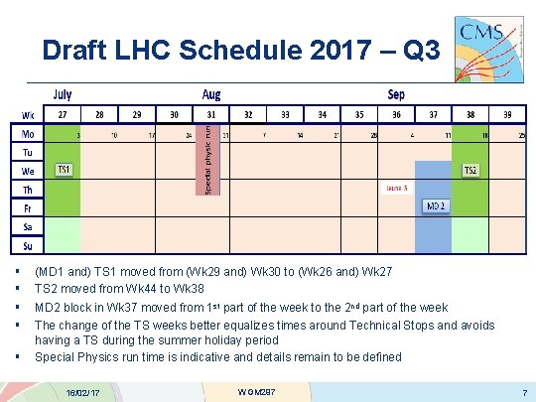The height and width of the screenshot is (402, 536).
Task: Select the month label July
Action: pyautogui.click(x=62, y=93)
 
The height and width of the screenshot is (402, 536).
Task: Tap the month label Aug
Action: pyautogui.click(x=211, y=93)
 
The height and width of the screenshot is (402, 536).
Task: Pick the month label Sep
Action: pyautogui.click(x=397, y=93)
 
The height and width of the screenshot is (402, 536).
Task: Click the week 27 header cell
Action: pyautogui.click(x=62, y=113)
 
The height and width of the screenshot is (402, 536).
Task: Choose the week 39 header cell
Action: pyautogui.click(x=507, y=113)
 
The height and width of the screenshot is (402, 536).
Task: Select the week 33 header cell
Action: pyautogui.click(x=285, y=113)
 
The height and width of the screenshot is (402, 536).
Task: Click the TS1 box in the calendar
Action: pyautogui.click(x=64, y=170)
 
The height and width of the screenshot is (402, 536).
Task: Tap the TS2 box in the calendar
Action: pyautogui.click(x=471, y=170)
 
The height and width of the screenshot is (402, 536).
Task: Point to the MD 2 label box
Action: pyautogui.click(x=435, y=205)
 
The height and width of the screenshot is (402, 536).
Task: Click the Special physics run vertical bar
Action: pyautogui.click(x=209, y=157)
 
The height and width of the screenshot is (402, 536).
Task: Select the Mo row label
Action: pyautogui.click(x=28, y=133)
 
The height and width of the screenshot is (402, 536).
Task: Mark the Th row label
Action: pyautogui.click(x=28, y=189)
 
